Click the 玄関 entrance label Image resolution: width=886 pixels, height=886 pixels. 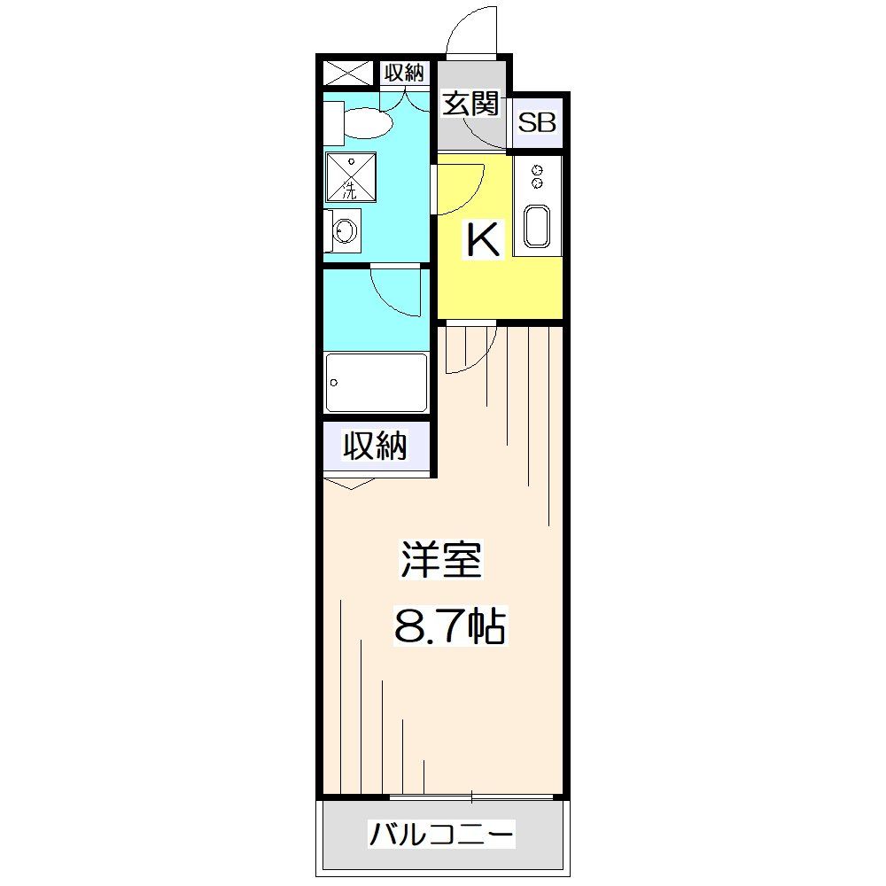(470, 105)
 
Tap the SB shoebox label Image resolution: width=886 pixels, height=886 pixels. (537, 123)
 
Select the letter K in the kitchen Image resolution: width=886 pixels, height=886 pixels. (484, 240)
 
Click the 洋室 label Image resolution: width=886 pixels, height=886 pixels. (440, 560)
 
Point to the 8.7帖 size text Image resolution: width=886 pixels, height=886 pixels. (448, 627)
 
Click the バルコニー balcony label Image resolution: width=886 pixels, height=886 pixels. (441, 834)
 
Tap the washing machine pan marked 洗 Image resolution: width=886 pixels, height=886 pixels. (351, 176)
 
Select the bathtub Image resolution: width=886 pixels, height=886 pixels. (377, 382)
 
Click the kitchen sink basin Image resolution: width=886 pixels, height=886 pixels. (538, 226)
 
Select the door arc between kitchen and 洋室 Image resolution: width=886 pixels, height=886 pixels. (468, 350)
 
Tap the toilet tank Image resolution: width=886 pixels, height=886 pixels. (332, 122)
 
